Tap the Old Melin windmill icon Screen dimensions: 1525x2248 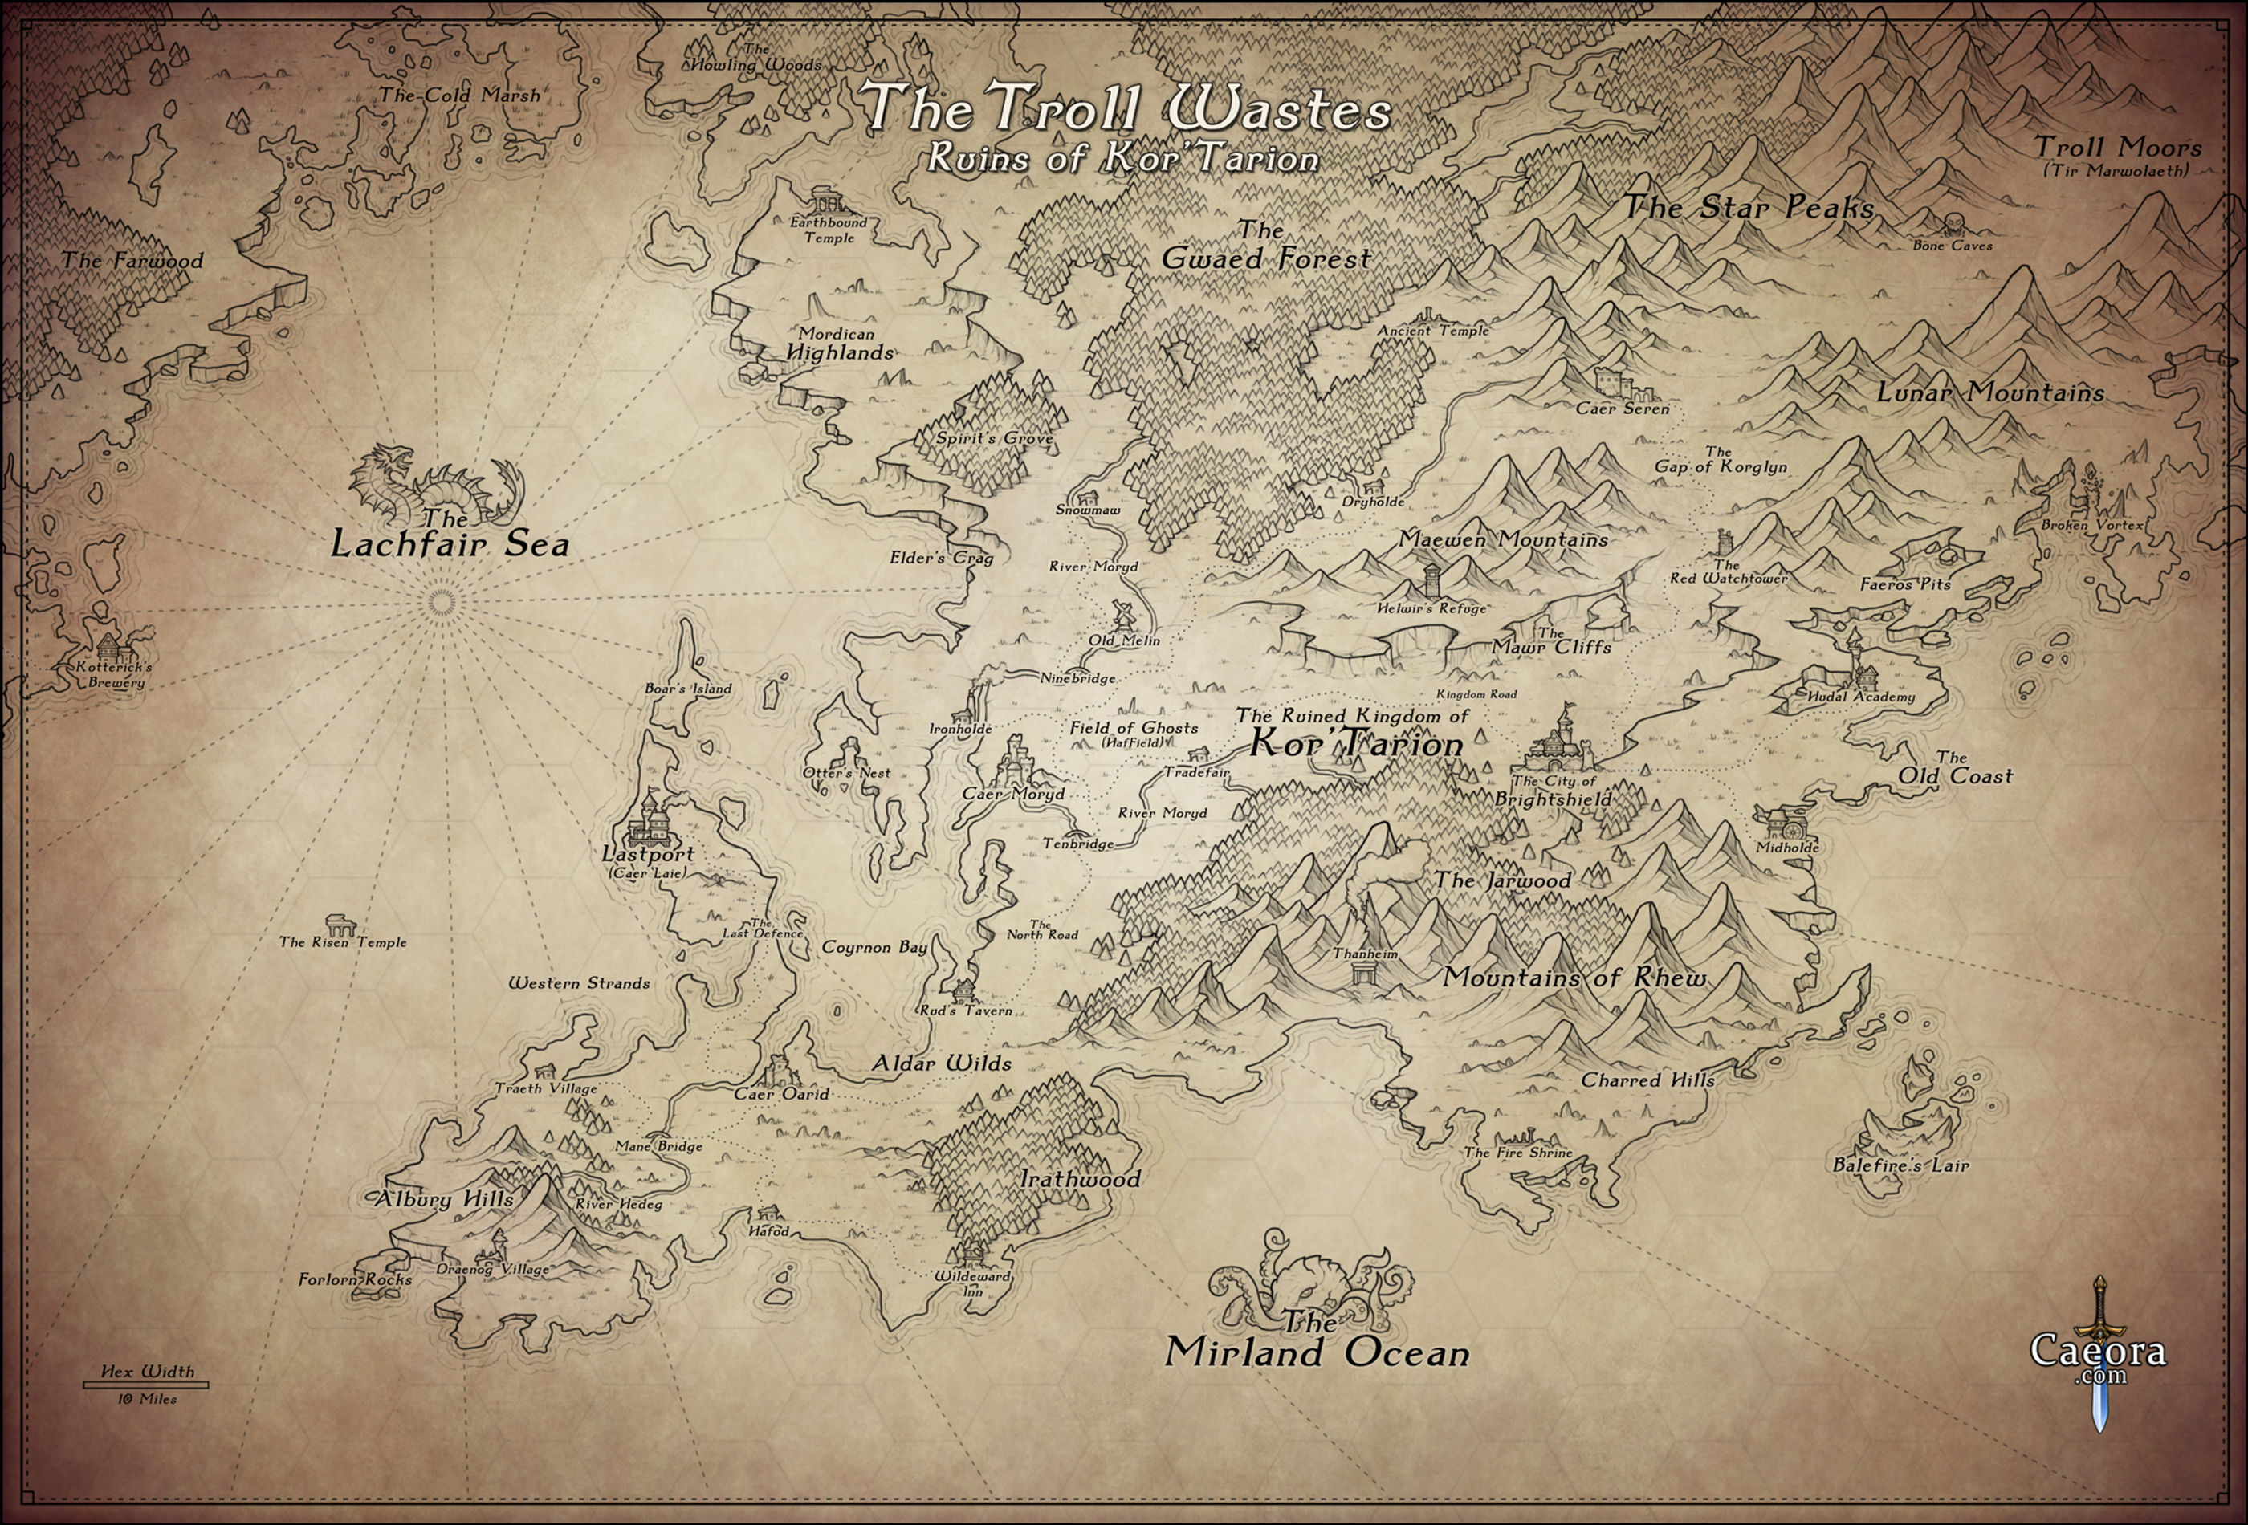pyautogui.click(x=1123, y=615)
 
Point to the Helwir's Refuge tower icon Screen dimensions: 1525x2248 pyautogui.click(x=1430, y=580)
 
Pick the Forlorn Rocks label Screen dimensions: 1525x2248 pyautogui.click(x=355, y=1279)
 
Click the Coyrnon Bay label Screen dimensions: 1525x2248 pyautogui.click(x=874, y=947)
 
